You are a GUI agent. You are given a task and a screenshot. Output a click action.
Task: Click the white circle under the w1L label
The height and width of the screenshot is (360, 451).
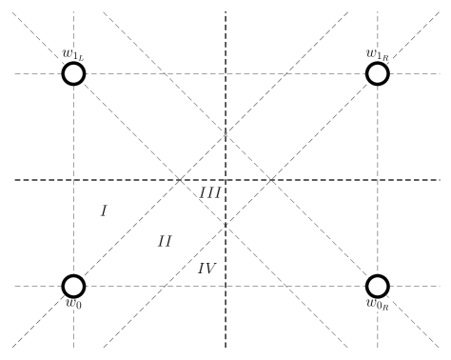click(x=73, y=73)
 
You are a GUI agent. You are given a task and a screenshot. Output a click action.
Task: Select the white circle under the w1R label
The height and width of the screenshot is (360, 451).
click(x=378, y=73)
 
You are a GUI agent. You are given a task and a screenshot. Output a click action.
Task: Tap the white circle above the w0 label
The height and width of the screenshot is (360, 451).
click(x=73, y=286)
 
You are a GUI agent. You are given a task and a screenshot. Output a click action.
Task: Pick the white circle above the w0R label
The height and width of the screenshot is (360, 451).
click(x=378, y=286)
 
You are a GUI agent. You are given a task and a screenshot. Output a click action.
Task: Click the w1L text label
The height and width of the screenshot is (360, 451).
click(x=73, y=55)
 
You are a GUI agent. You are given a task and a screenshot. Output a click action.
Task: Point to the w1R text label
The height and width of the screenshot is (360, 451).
click(x=378, y=55)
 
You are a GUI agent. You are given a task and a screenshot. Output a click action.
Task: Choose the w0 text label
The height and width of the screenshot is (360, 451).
click(x=73, y=304)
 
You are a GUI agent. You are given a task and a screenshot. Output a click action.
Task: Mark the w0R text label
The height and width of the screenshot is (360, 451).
click(x=378, y=305)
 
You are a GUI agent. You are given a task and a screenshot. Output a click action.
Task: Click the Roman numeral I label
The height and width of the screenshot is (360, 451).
click(x=104, y=210)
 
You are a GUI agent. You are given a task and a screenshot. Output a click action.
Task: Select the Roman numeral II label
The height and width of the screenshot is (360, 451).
click(x=165, y=241)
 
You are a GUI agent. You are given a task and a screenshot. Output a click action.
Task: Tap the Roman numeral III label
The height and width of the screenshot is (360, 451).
click(x=210, y=192)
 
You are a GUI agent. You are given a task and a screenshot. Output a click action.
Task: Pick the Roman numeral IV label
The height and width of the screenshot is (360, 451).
click(x=207, y=269)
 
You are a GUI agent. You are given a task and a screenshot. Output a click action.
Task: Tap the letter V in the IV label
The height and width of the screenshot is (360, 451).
click(x=212, y=269)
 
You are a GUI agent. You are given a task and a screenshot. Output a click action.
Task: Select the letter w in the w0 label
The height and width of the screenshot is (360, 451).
click(x=69, y=303)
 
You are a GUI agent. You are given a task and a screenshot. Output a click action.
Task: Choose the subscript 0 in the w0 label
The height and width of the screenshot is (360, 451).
click(x=79, y=306)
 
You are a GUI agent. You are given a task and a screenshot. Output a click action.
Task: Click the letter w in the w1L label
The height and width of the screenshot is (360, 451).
click(x=68, y=54)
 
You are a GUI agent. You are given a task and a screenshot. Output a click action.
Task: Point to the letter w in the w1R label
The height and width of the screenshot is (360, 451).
click(x=371, y=54)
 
